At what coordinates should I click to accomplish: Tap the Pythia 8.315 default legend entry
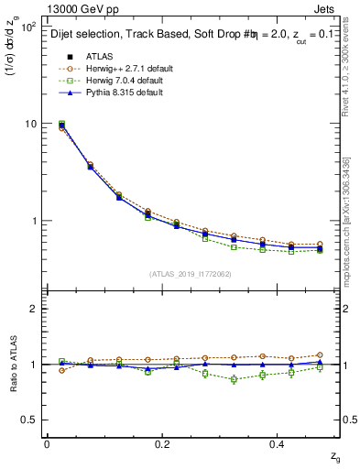click(x=122, y=93)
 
